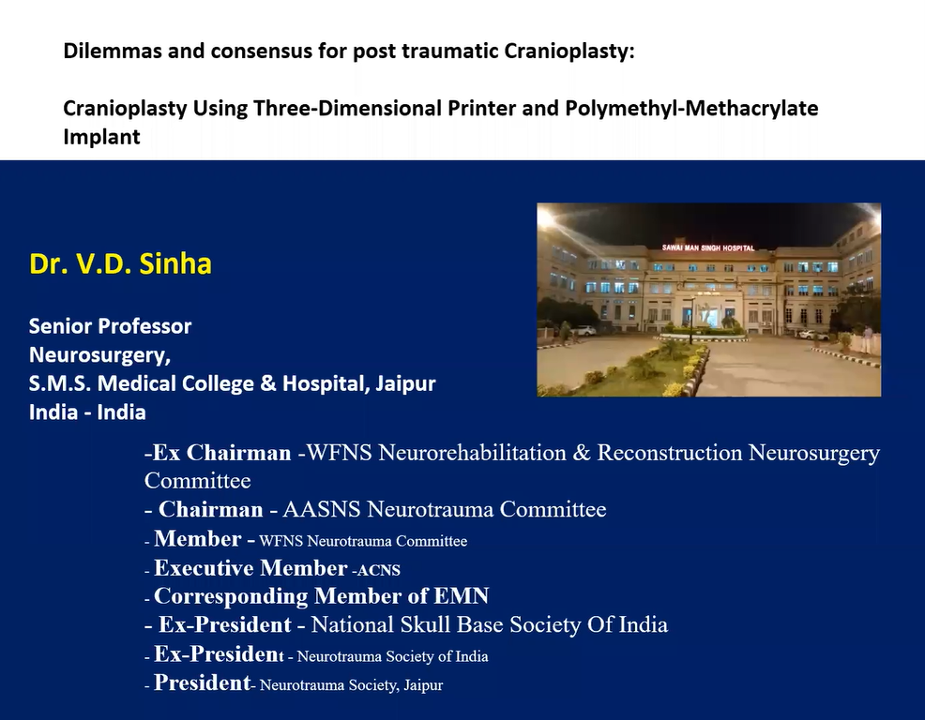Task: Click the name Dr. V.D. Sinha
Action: coord(120,263)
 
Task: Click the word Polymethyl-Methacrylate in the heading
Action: coord(691,109)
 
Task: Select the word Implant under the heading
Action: coord(101,137)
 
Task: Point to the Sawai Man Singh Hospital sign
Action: coord(708,247)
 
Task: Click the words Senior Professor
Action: coord(111,326)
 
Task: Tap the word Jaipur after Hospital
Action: coord(405,383)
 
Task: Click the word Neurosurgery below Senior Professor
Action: coord(99,355)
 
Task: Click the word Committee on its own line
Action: coord(198,481)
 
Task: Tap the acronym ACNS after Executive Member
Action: coord(378,570)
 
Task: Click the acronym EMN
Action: coord(462,596)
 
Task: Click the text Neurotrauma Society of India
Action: coord(392,656)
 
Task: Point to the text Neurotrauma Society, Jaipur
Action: coord(351,685)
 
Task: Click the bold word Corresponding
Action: coord(231,597)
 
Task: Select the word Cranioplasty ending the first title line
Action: coord(569,52)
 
